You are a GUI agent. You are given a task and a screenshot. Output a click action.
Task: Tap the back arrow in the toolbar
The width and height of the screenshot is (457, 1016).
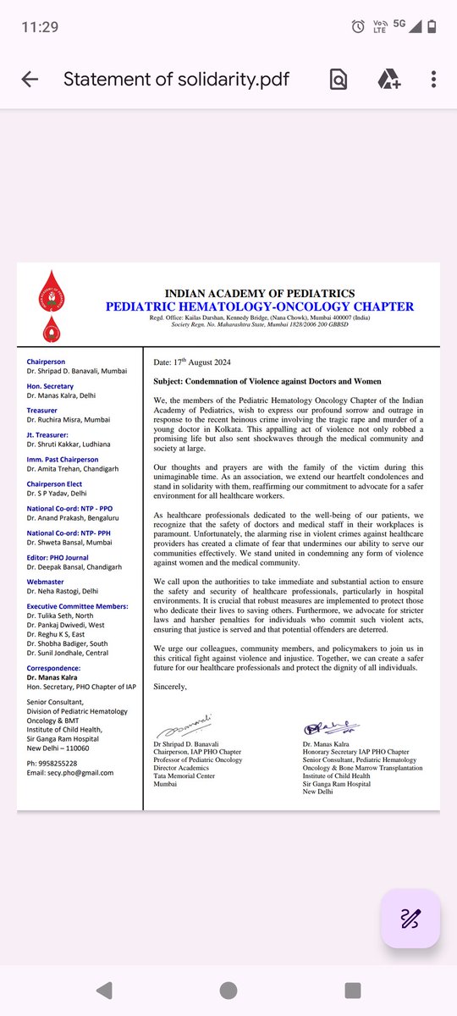tap(30, 80)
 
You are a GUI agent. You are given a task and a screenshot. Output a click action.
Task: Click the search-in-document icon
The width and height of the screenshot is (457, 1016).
tap(338, 80)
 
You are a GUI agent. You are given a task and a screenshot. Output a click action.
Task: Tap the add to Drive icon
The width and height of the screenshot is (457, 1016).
tap(388, 80)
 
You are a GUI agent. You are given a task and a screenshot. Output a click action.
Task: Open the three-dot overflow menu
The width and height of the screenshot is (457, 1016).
tap(433, 80)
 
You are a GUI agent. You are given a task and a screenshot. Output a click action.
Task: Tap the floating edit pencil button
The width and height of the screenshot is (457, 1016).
tap(410, 919)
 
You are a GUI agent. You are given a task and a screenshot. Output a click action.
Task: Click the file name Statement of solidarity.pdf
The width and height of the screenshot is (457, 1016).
tap(177, 80)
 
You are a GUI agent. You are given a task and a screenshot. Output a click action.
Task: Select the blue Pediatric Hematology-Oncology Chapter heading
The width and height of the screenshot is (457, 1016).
tap(260, 306)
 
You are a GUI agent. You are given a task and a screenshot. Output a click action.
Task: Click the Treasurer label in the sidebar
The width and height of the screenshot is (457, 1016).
tap(43, 409)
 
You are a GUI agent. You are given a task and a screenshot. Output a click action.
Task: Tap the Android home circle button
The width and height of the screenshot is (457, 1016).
tap(228, 991)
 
